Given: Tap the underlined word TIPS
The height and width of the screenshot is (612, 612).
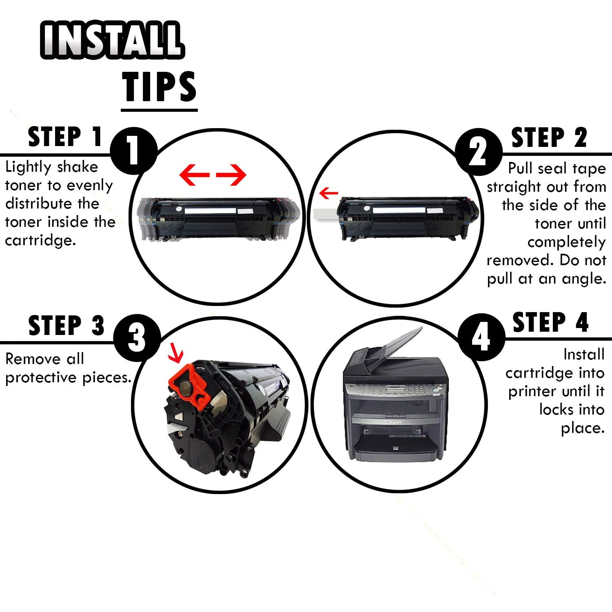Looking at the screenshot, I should (159, 87).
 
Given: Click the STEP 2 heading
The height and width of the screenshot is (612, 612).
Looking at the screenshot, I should (549, 137).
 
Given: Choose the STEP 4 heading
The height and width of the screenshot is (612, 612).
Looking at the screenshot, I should (550, 323).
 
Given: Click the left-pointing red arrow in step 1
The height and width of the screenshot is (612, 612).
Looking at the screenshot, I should (195, 175).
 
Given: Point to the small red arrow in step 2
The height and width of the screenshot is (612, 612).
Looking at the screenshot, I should (328, 193).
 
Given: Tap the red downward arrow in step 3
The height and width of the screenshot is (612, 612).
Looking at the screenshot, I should (176, 353).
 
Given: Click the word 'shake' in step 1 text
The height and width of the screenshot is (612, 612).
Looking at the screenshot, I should (78, 167).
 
